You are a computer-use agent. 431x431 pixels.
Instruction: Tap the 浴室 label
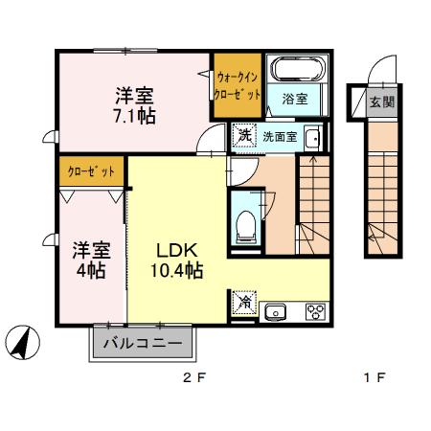pos(294,99)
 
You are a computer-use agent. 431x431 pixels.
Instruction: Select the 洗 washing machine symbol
pos(245,136)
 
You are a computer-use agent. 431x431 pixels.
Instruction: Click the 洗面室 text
pos(280,137)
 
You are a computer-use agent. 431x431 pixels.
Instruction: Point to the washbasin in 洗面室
pos(312,138)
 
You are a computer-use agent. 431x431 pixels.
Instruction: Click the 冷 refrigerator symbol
pos(245,302)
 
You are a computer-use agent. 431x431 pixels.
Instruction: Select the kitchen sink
pos(277,311)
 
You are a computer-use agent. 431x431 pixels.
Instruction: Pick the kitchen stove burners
pos(314,311)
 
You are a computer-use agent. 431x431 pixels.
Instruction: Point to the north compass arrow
pos(22,342)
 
